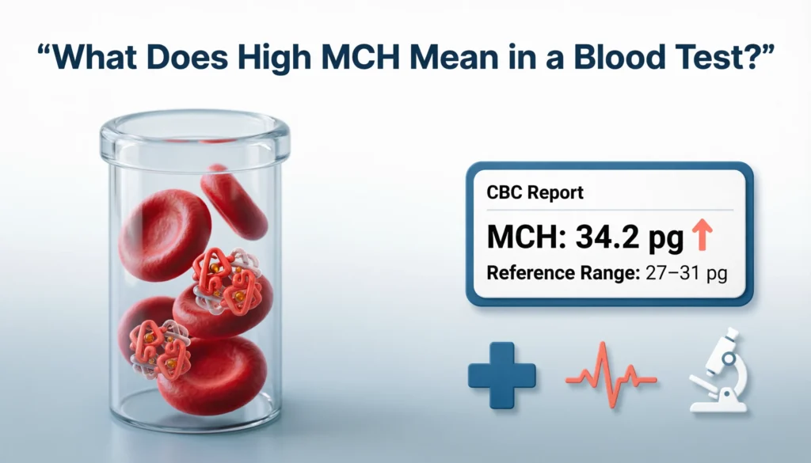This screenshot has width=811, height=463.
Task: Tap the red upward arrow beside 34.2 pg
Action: tap(702, 235)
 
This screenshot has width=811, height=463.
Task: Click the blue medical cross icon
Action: tap(502, 375)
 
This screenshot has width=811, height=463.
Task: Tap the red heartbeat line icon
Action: tap(611, 375)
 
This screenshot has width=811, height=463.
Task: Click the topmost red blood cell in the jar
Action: tap(234, 201)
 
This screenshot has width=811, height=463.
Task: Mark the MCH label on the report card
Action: tap(519, 235)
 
